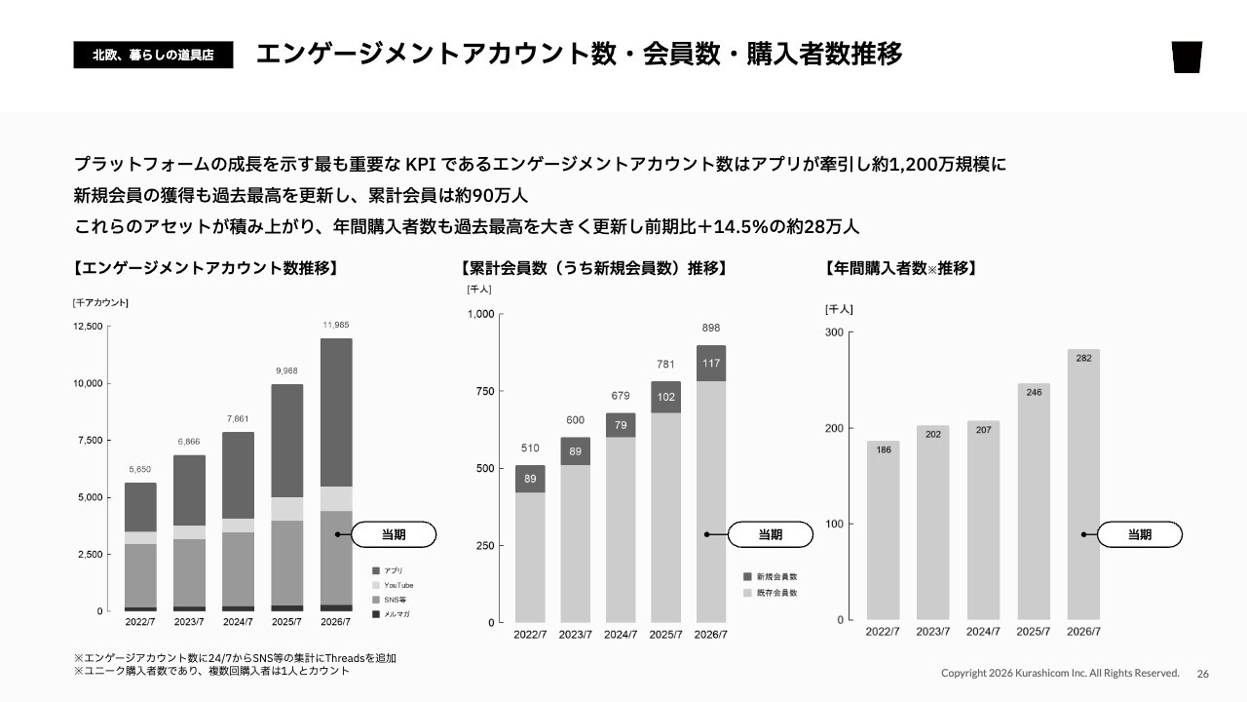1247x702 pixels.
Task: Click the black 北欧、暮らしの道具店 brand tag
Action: (x=153, y=55)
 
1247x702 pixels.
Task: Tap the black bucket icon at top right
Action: (x=1187, y=57)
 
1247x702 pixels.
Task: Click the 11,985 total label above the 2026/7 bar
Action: (x=336, y=325)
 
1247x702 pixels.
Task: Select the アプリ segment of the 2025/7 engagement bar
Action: (x=287, y=441)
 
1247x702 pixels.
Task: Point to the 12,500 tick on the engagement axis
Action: (x=88, y=327)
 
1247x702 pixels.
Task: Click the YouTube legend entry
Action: (x=393, y=585)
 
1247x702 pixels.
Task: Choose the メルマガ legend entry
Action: (x=391, y=614)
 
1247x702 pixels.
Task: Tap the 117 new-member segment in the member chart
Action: (x=711, y=364)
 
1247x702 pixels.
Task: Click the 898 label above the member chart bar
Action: (x=711, y=329)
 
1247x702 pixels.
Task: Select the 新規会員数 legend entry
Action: (x=771, y=576)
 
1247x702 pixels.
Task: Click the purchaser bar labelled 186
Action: (x=883, y=530)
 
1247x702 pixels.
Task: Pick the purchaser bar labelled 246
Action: (x=1034, y=501)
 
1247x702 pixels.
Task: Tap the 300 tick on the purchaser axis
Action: (x=834, y=332)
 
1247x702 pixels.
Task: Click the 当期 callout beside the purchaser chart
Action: (x=1140, y=535)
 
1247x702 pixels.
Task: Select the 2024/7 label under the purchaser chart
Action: (x=983, y=632)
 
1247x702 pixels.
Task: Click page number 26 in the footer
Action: (x=1203, y=674)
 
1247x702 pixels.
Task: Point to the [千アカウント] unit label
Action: (x=100, y=302)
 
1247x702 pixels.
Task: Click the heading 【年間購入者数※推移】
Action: (x=901, y=268)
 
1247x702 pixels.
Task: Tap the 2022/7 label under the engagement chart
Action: (x=140, y=622)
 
